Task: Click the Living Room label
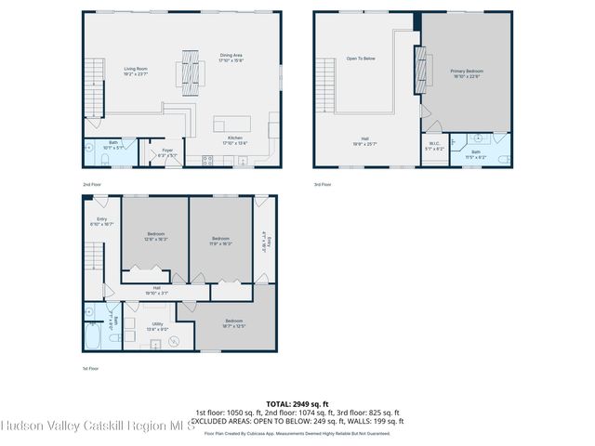click(x=137, y=70)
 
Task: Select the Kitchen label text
click(x=235, y=140)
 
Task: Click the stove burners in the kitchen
click(x=206, y=160)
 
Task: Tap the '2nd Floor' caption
click(x=91, y=184)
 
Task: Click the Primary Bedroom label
click(x=467, y=72)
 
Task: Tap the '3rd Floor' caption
click(x=323, y=184)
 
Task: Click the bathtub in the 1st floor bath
click(x=92, y=336)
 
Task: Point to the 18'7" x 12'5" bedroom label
click(x=233, y=322)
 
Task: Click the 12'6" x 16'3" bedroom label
click(x=155, y=236)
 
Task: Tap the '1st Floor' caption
click(x=90, y=369)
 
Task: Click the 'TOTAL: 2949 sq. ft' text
click(x=297, y=403)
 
